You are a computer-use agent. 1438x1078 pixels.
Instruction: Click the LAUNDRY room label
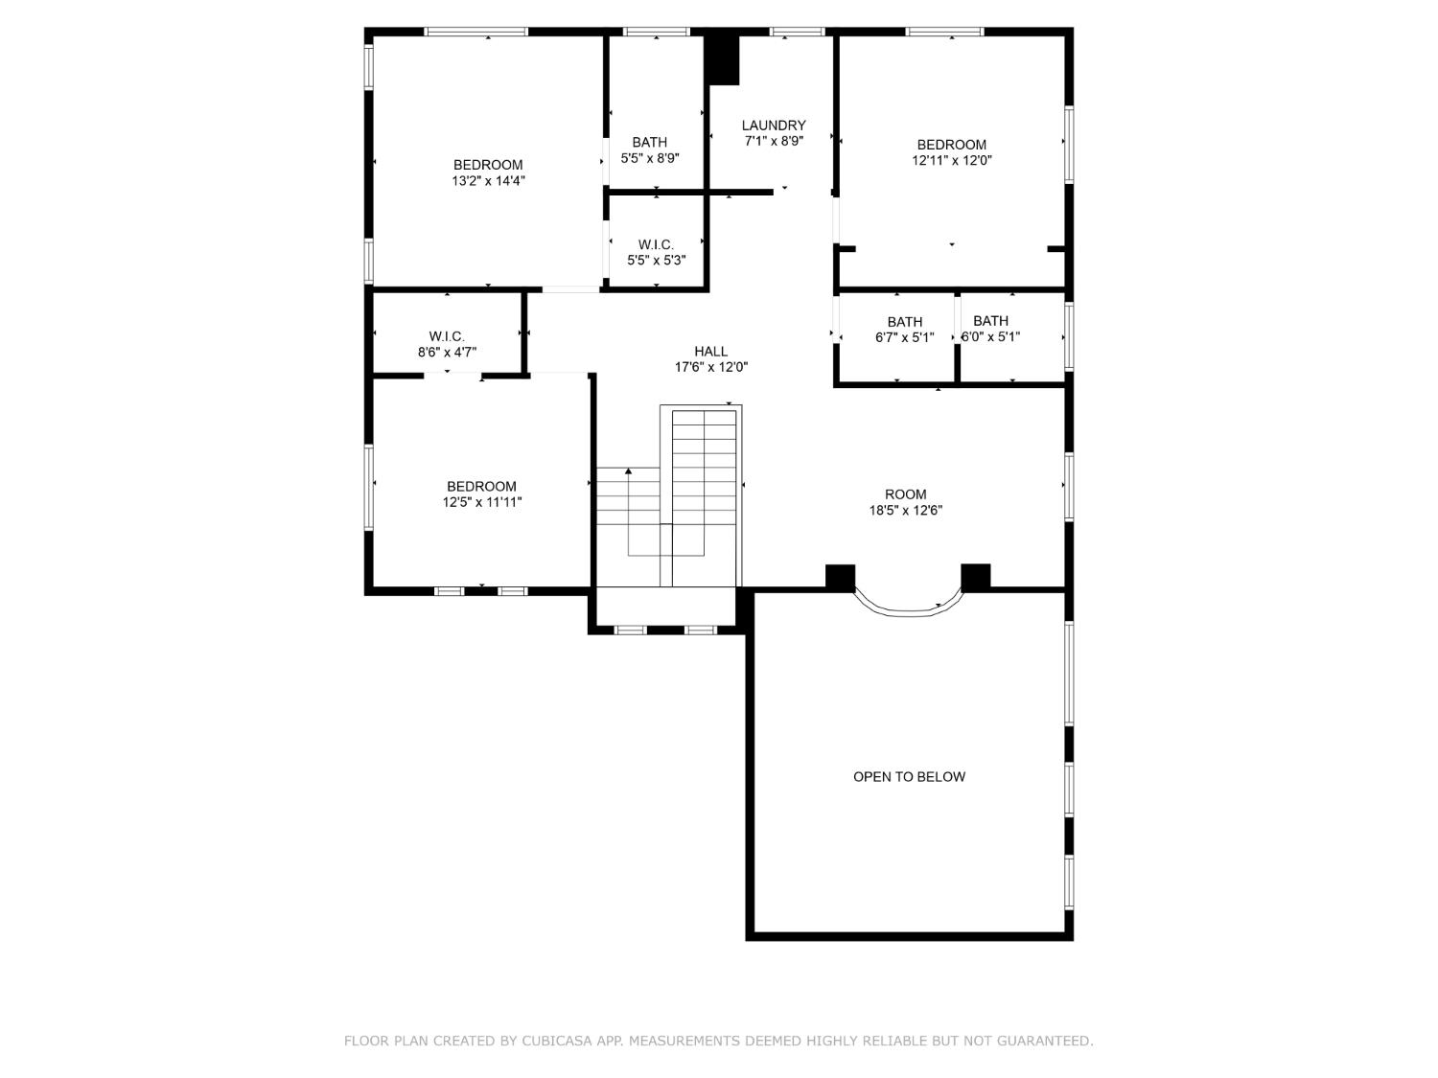click(773, 125)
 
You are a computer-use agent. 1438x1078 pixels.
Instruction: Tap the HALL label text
click(710, 351)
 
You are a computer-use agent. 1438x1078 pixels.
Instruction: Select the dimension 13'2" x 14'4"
click(488, 180)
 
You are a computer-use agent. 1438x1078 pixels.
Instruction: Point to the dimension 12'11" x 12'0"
click(951, 160)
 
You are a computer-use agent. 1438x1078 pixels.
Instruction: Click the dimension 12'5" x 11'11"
click(481, 501)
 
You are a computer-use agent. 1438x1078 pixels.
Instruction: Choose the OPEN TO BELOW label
click(909, 776)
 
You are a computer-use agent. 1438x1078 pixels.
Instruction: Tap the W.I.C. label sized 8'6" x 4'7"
click(447, 336)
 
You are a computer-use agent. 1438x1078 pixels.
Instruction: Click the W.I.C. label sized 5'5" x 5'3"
click(656, 244)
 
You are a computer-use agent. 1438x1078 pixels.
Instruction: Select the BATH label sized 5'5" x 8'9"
click(649, 142)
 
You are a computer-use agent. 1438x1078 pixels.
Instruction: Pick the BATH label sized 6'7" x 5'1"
click(904, 322)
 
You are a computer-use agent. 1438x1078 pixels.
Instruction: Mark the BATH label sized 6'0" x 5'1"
click(990, 321)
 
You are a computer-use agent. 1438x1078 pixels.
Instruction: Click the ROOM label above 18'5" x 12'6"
click(905, 494)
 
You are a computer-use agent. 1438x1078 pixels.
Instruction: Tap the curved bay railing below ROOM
click(907, 608)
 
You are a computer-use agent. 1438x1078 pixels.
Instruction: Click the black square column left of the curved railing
click(840, 577)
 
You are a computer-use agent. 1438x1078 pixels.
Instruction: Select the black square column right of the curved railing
click(975, 577)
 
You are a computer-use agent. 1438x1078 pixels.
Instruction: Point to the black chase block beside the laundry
click(722, 59)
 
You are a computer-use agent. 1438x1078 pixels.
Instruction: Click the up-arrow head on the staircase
click(629, 470)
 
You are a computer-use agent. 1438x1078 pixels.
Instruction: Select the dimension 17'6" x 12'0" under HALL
click(710, 366)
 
